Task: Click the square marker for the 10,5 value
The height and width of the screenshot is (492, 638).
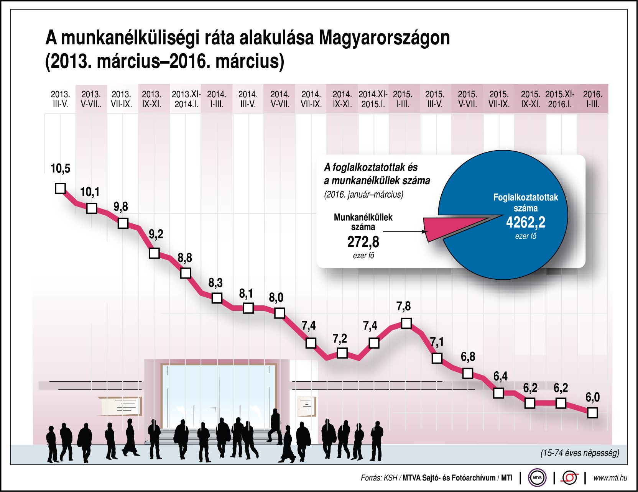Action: click(x=60, y=189)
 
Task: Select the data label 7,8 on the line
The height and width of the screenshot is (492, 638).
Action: click(x=403, y=306)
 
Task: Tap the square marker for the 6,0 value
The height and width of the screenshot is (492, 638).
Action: click(x=592, y=413)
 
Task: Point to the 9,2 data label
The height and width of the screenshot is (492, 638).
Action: click(x=156, y=234)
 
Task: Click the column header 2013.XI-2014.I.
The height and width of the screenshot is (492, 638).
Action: click(x=186, y=99)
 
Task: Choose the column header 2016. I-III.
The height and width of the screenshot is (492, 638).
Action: click(x=592, y=99)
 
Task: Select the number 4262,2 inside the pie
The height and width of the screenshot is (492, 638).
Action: click(x=525, y=222)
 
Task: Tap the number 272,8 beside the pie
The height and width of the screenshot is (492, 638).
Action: click(x=363, y=242)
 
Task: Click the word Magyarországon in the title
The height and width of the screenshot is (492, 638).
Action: click(x=384, y=38)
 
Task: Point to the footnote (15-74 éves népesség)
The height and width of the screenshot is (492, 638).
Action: click(x=580, y=453)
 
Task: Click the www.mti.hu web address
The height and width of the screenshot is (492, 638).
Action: click(x=610, y=478)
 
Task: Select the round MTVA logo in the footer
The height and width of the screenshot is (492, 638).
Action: click(x=537, y=478)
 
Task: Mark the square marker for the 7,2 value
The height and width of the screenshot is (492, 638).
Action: click(x=342, y=353)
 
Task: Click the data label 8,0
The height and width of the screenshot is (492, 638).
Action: click(x=276, y=297)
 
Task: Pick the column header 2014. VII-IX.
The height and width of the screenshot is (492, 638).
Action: click(x=311, y=99)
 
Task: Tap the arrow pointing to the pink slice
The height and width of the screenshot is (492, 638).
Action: click(x=405, y=231)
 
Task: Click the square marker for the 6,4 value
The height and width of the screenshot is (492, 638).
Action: click(x=498, y=393)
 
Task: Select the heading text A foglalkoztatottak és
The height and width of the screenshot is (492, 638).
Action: click(x=370, y=167)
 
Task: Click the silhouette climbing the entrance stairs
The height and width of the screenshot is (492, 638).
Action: click(x=275, y=426)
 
